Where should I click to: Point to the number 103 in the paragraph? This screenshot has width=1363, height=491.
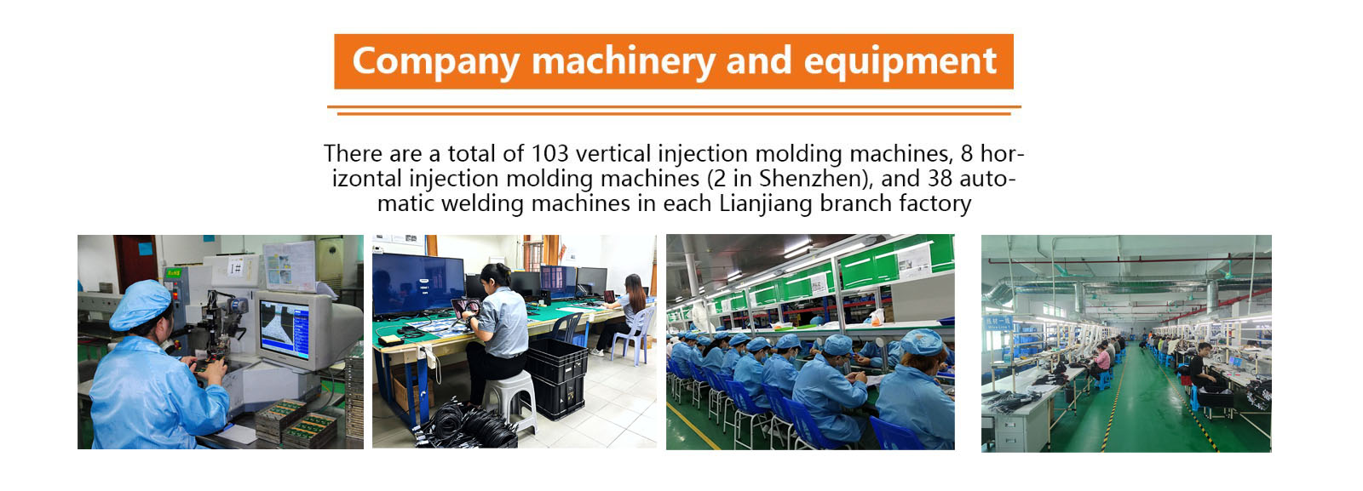pyautogui.click(x=549, y=154)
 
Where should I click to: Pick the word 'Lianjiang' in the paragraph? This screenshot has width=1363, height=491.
pyautogui.click(x=766, y=203)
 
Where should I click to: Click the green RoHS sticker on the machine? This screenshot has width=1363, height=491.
pyautogui.click(x=174, y=273)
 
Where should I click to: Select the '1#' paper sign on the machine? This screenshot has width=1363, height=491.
pyautogui.click(x=236, y=266)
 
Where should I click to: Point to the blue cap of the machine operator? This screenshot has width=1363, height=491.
pyautogui.click(x=140, y=304)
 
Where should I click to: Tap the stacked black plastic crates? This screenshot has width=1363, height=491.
pyautogui.click(x=557, y=378)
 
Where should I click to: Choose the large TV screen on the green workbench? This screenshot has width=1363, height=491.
pyautogui.click(x=418, y=284)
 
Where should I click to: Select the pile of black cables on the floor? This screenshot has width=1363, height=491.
pyautogui.click(x=465, y=424)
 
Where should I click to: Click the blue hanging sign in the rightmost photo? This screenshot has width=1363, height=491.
pyautogui.click(x=998, y=323)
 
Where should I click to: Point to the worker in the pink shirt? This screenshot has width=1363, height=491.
pyautogui.click(x=1101, y=363)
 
